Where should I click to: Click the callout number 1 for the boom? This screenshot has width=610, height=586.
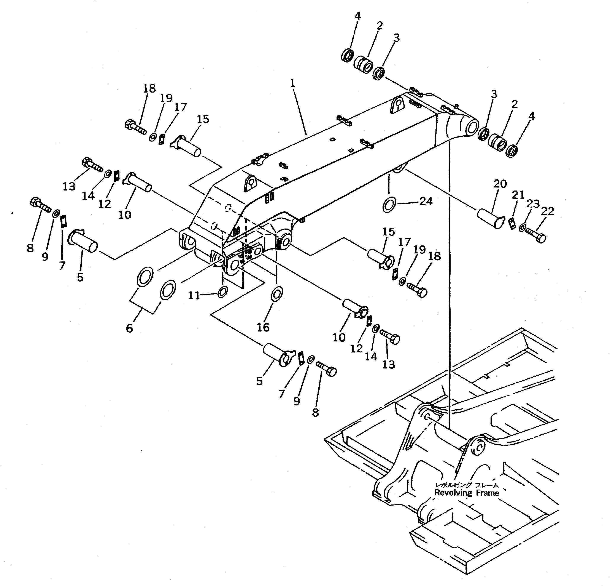[x=292, y=83]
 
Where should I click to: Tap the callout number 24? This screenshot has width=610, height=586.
[x=426, y=202]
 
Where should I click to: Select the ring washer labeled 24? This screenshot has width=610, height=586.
[x=389, y=205]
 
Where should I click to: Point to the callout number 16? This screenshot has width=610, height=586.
[x=263, y=327]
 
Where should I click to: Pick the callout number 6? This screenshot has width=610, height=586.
[x=129, y=328]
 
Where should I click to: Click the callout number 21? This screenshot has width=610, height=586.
[x=518, y=195]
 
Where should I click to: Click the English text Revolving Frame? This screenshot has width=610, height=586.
[x=467, y=493]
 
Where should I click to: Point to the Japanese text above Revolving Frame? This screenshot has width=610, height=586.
[x=467, y=485]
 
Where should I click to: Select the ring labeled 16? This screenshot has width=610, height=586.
[x=277, y=293]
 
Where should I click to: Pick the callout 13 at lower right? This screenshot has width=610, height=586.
[x=388, y=364]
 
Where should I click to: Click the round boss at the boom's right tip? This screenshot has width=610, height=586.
[x=472, y=128]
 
